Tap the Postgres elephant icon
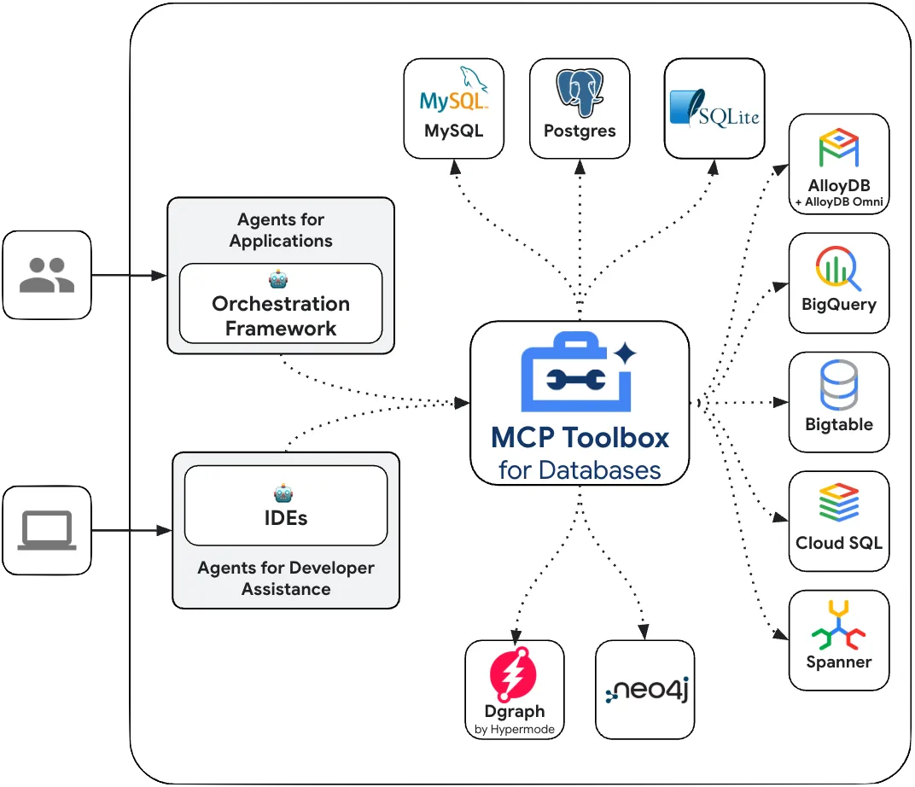[580, 92]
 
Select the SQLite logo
[714, 108]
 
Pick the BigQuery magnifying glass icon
[838, 269]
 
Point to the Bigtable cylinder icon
[838, 387]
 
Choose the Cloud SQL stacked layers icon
[838, 504]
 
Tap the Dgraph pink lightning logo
[514, 675]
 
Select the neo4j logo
[645, 691]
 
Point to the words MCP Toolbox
[580, 438]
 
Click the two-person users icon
[47, 275]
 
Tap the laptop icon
[47, 530]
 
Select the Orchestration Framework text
[281, 316]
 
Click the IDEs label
[285, 517]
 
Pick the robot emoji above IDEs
[284, 493]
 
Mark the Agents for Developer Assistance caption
[285, 578]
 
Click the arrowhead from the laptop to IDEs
[166, 530]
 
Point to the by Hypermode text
[514, 729]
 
